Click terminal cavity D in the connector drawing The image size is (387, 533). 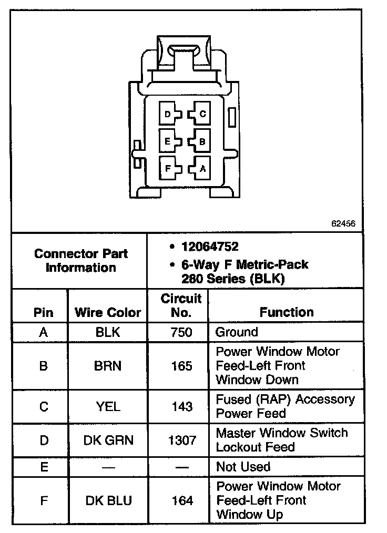tap(169, 114)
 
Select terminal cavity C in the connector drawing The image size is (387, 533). tap(200, 114)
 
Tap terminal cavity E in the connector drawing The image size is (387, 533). tap(169, 141)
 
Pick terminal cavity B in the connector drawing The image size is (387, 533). tap(200, 141)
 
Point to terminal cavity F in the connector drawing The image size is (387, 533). tap(169, 169)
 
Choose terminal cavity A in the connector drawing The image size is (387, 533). tap(200, 169)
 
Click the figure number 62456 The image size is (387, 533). tap(343, 223)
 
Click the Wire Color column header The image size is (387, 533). tap(108, 312)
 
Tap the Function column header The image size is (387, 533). tap(287, 312)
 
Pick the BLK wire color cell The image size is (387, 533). tap(108, 332)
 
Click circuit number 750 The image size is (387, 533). tap(181, 332)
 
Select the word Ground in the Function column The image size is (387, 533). tap(237, 332)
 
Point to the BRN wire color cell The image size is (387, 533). tap(108, 366)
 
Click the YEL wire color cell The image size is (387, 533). tap(108, 406)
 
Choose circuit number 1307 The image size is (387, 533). tap(181, 440)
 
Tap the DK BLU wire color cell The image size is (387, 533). tap(108, 500)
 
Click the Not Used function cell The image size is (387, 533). tap(243, 467)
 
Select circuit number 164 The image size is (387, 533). tap(181, 500)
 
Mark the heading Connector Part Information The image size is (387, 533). tap(80, 260)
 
